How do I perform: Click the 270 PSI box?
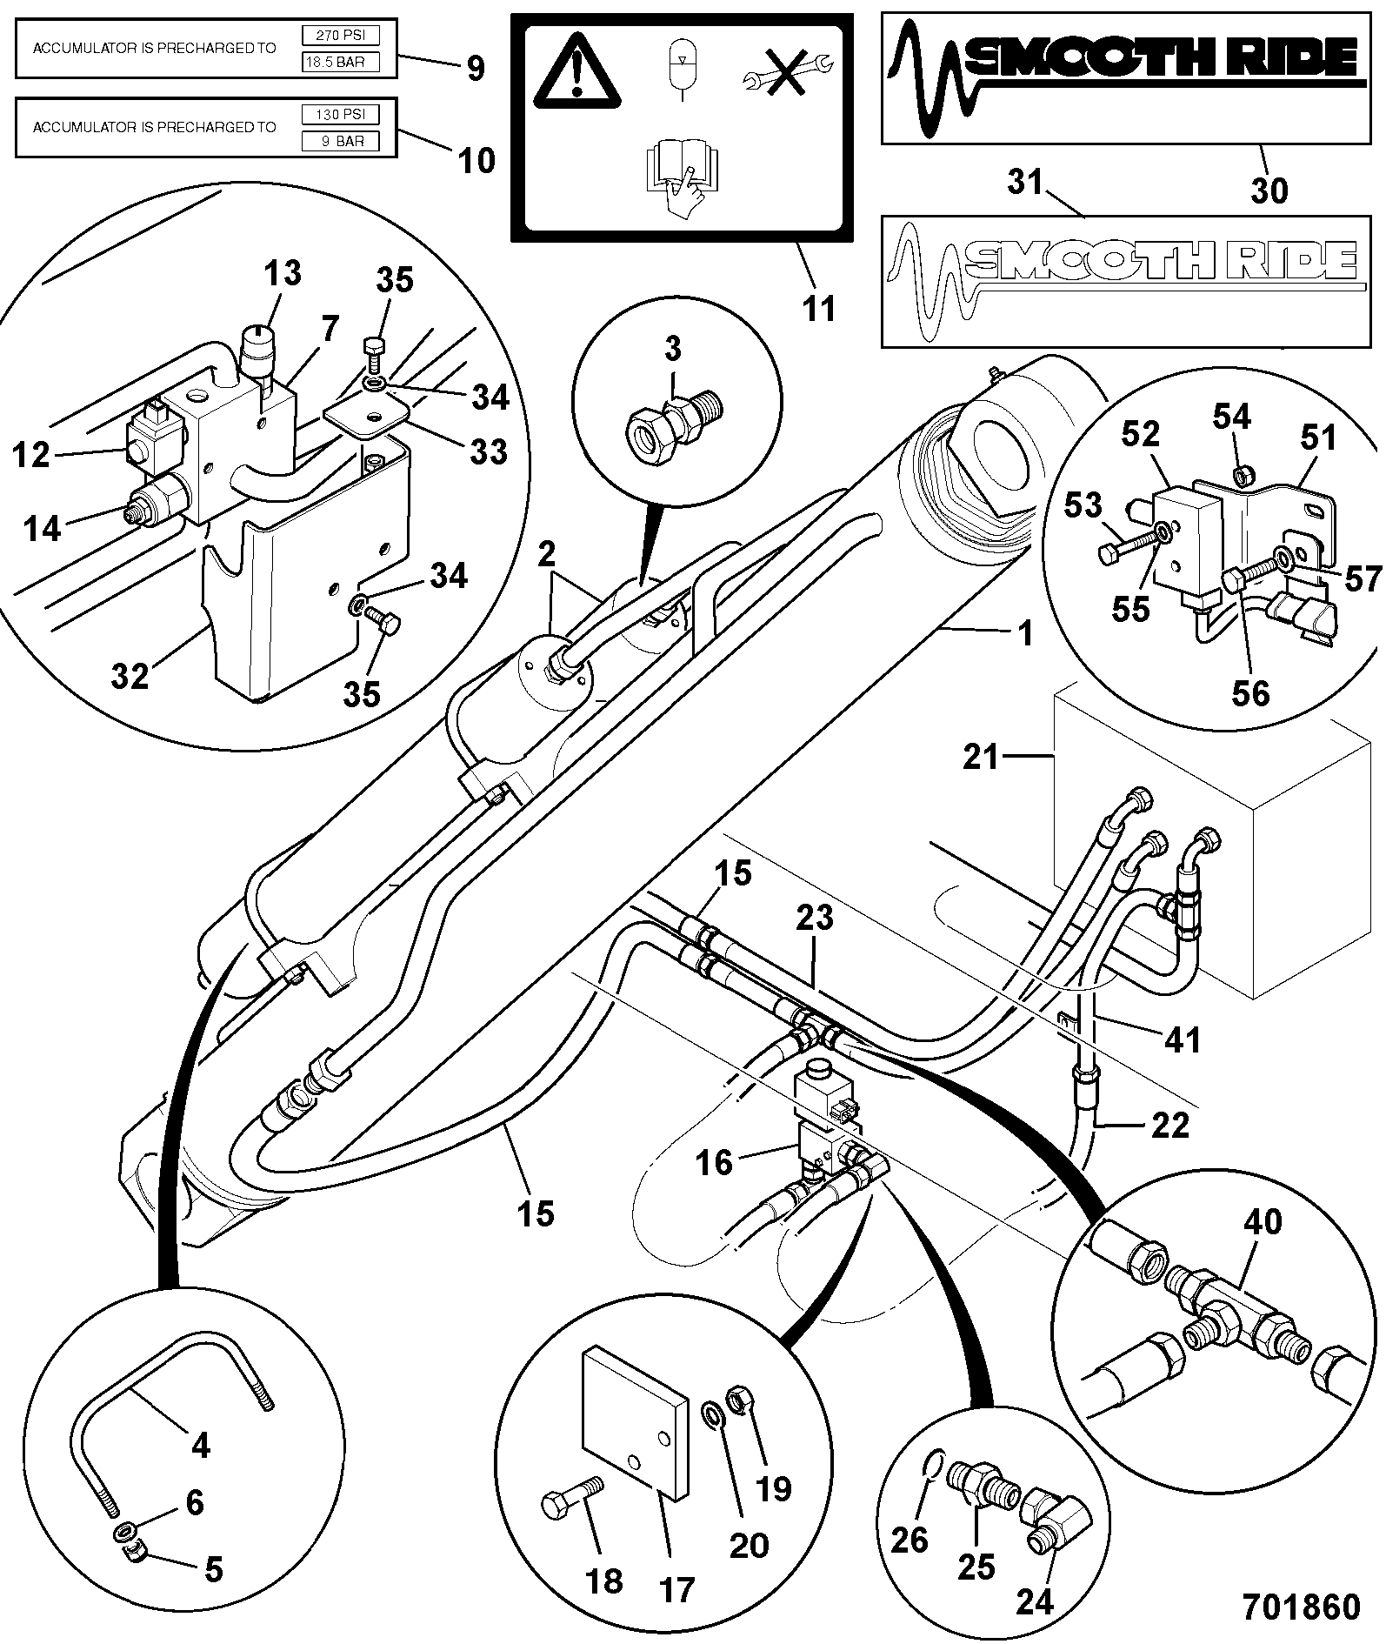coord(340,36)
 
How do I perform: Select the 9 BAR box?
coord(340,141)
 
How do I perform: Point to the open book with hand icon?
coord(683,178)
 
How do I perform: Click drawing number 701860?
coord(1301,1606)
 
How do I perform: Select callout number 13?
coord(283,273)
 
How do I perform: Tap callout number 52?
coord(1141,434)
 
